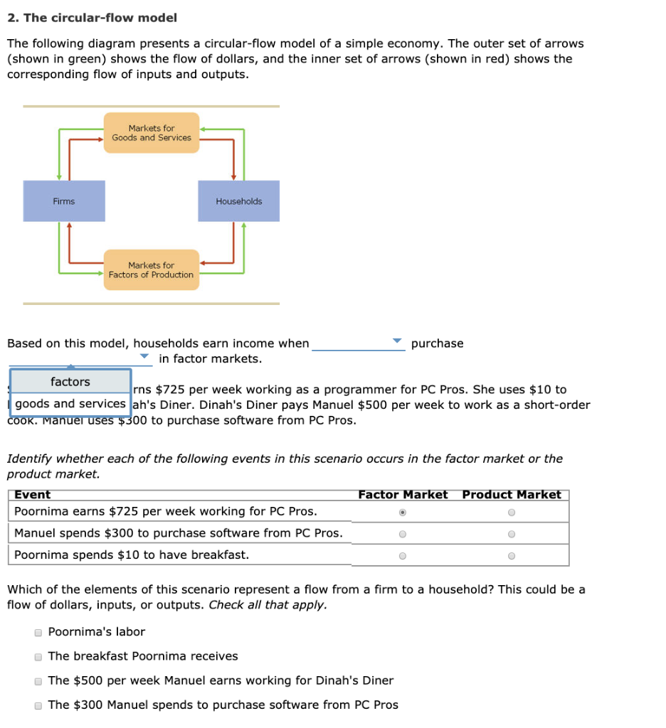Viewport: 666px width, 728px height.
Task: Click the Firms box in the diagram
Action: [x=64, y=201]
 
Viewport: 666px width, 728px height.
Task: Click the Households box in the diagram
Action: [x=239, y=201]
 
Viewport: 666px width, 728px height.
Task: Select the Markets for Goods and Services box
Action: [x=152, y=133]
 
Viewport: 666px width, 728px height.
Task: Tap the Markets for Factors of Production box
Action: [x=152, y=270]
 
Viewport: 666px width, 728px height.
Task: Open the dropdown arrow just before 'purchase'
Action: [x=398, y=342]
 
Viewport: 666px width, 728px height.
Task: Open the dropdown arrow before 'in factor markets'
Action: [x=144, y=356]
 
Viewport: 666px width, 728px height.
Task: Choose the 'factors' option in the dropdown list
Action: [x=70, y=382]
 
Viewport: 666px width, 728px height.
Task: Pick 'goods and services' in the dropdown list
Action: [x=70, y=404]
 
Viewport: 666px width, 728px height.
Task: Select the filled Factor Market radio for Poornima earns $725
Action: [x=403, y=512]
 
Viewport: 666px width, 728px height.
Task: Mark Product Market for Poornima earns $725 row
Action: [x=511, y=512]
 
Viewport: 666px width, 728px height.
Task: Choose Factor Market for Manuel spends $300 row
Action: [x=403, y=534]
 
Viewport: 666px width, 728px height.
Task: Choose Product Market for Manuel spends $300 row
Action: [x=511, y=534]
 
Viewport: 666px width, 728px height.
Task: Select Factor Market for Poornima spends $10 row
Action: [x=403, y=556]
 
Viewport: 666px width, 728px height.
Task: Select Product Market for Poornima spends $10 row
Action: [x=511, y=556]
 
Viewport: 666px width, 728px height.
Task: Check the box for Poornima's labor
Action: [x=38, y=633]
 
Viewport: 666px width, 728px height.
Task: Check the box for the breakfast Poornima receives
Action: [x=38, y=657]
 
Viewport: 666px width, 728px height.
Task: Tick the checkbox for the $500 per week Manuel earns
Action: [x=38, y=681]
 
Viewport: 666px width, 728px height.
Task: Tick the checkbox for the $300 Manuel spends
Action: [x=38, y=705]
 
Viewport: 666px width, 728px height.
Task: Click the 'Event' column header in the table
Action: [x=33, y=495]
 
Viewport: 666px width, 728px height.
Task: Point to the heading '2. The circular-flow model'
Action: [x=92, y=18]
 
